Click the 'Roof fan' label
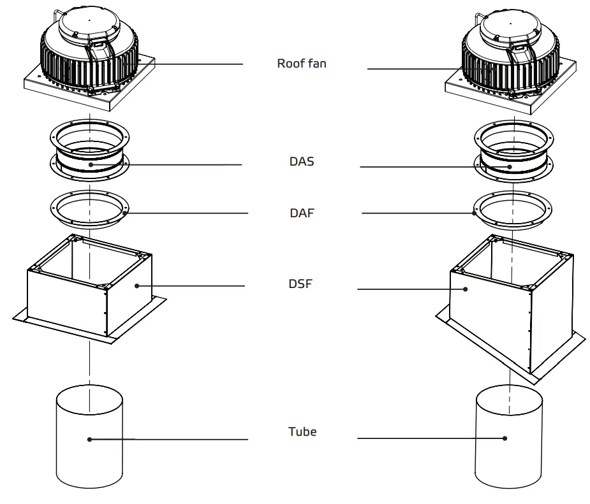pos(301,64)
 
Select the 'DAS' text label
pos(301,162)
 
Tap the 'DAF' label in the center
pos(301,213)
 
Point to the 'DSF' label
pos(300,284)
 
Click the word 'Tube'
pos(302,431)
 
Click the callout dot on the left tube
pos(90,439)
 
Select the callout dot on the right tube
pos(505,438)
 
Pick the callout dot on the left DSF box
pos(135,286)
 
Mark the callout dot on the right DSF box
pos(466,289)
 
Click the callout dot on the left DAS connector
pos(91,165)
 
